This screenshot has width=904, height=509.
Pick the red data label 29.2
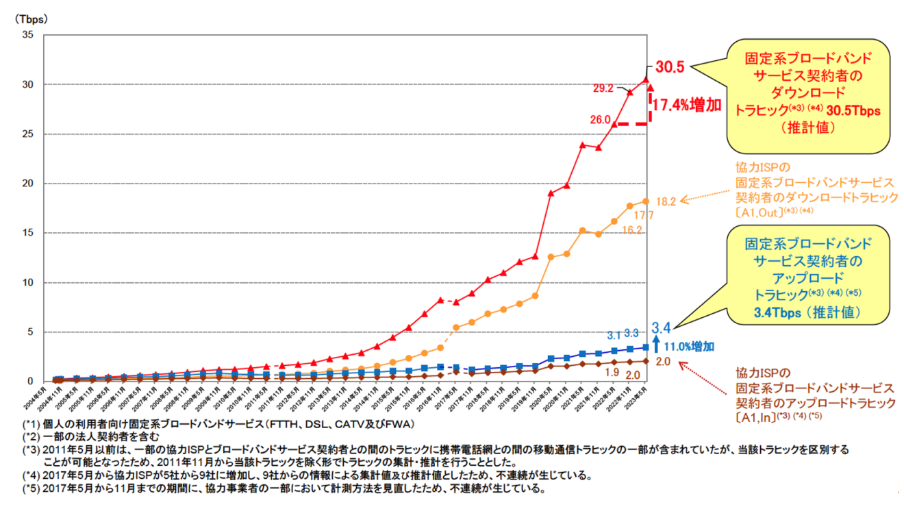[x=603, y=88]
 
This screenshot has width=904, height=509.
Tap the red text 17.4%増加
[x=686, y=105]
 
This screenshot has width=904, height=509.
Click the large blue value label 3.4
[x=662, y=327]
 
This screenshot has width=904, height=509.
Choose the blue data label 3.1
[x=614, y=335]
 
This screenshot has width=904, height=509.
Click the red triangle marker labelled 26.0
[x=614, y=124]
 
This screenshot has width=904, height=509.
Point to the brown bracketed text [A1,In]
[x=755, y=417]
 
